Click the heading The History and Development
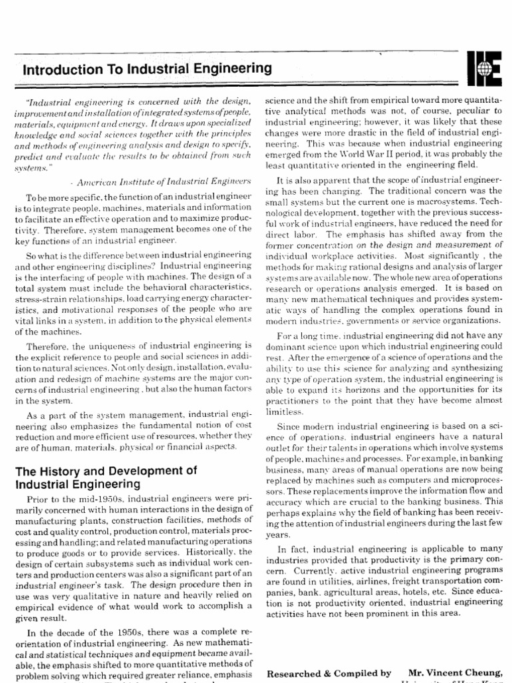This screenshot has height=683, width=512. pyautogui.click(x=106, y=470)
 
